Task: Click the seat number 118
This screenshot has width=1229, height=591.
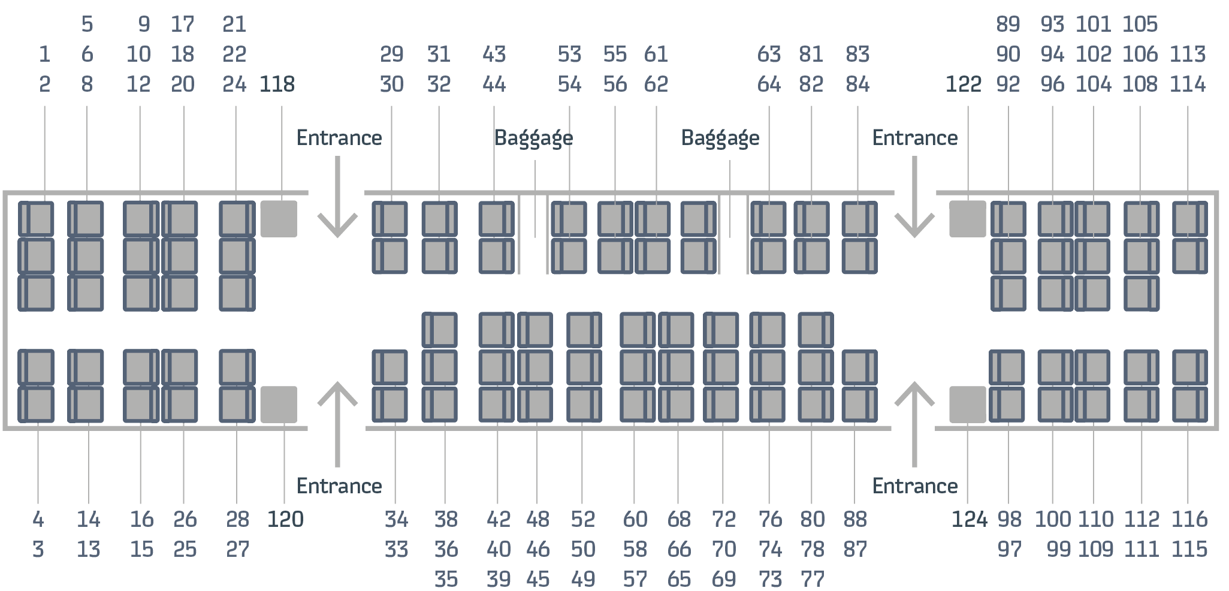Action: [x=277, y=85]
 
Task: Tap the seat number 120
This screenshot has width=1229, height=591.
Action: [x=285, y=519]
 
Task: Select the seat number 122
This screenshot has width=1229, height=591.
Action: [x=963, y=85]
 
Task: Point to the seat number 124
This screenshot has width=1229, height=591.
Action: [x=969, y=519]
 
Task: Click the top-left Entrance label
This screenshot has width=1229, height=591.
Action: [x=339, y=138]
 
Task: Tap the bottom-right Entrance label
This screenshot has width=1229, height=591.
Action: [x=914, y=486]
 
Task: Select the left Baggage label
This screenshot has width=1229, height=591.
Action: [x=533, y=138]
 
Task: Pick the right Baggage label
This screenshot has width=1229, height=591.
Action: [x=720, y=138]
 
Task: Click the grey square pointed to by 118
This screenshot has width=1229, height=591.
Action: [x=279, y=219]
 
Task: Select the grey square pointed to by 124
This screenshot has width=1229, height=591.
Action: [x=968, y=404]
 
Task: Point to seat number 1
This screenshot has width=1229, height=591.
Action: [x=44, y=55]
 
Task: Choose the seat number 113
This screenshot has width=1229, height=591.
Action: [x=1187, y=55]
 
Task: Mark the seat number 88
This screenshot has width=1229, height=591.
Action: [x=855, y=519]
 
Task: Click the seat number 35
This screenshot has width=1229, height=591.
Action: [x=446, y=579]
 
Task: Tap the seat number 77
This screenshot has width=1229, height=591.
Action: [x=813, y=579]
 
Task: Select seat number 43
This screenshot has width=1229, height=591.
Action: [x=494, y=55]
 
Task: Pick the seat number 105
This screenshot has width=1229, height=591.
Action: [x=1140, y=25]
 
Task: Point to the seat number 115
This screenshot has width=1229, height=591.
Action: [x=1189, y=549]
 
